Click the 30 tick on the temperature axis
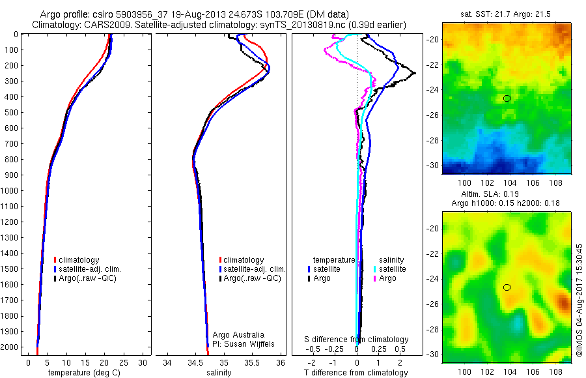pyautogui.click(x=143, y=362)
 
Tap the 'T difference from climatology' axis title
pyautogui.click(x=357, y=373)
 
